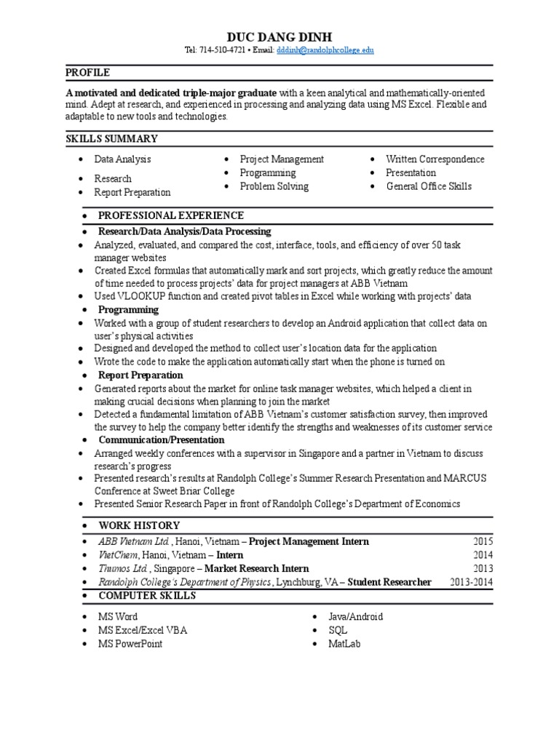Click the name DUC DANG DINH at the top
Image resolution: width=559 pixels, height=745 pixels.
[x=279, y=36]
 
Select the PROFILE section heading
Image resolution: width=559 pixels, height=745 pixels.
[x=87, y=73]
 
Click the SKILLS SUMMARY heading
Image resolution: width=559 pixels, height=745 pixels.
[x=111, y=138]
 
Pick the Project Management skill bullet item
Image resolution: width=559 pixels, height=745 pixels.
[x=282, y=159]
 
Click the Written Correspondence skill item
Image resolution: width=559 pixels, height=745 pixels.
[x=435, y=159]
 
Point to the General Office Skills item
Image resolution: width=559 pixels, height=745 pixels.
[x=429, y=186]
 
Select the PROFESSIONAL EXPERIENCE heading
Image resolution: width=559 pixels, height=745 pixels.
[x=171, y=216]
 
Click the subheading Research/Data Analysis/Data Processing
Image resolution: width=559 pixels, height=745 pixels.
[x=184, y=231]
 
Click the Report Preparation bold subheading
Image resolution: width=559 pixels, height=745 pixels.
[x=140, y=375]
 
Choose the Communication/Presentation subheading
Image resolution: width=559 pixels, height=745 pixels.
[x=161, y=440]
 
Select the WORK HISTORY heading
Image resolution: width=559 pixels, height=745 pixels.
[x=139, y=525]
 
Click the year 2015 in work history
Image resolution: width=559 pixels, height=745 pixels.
[x=483, y=542]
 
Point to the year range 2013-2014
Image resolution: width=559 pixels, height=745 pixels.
[x=471, y=582]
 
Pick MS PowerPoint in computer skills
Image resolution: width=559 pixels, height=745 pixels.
[x=130, y=644]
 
